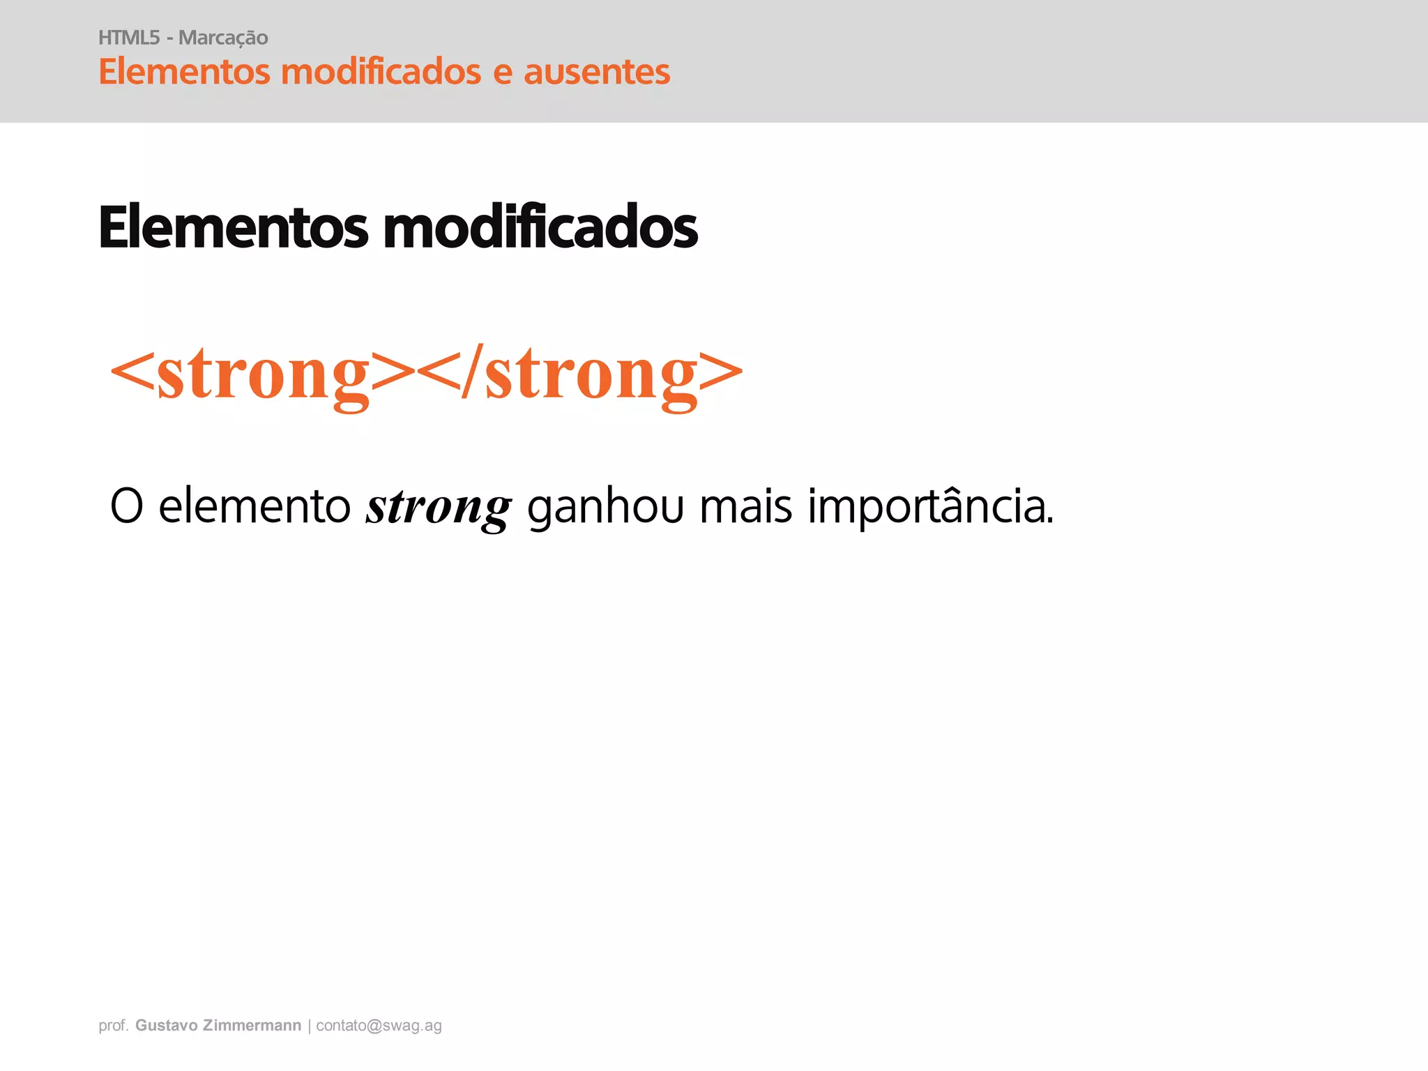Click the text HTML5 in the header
coord(129,38)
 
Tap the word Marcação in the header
coord(223,38)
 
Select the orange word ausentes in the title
coord(596,72)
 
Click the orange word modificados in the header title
coord(381,72)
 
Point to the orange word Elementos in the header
coord(184,72)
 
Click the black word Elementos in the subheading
coord(233,227)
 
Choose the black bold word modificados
coord(540,227)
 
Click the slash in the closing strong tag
coord(472,374)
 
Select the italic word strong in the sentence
coord(439,508)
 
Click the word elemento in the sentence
coord(255,506)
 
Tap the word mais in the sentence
coord(745,506)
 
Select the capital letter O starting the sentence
coord(127,506)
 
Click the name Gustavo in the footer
coord(166,1026)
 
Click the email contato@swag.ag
coord(379,1026)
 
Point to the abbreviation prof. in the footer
coord(114,1026)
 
